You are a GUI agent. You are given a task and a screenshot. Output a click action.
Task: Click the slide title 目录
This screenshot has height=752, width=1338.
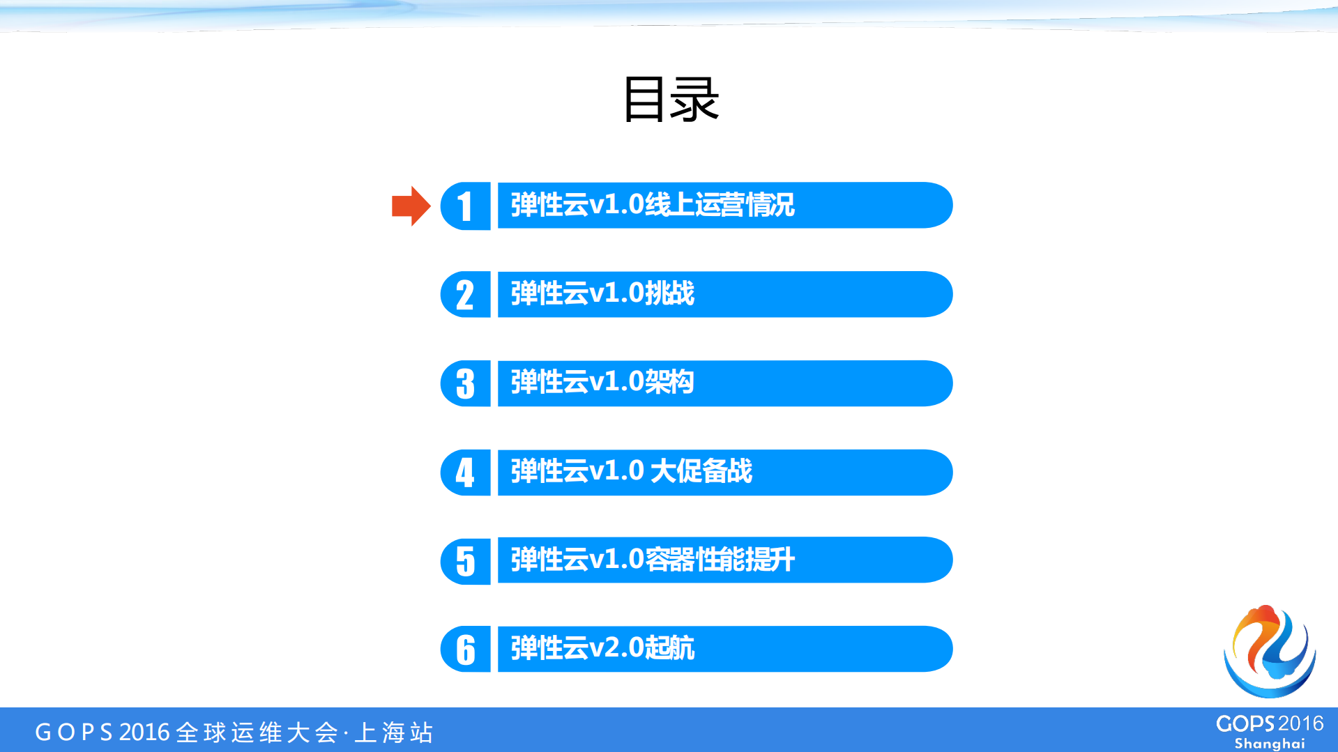tap(670, 100)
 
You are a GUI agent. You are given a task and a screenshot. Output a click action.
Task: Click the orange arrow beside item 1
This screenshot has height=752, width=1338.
tap(411, 206)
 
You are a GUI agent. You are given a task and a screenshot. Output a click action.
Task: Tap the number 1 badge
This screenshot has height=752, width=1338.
tap(466, 206)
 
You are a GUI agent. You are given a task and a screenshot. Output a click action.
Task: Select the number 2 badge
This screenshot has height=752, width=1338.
tap(466, 295)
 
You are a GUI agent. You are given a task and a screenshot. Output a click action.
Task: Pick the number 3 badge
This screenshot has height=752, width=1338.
tap(466, 384)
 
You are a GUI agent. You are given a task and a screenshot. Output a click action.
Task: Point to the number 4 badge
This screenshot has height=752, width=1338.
tap(466, 473)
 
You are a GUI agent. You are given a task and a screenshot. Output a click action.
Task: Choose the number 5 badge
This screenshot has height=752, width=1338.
tap(466, 561)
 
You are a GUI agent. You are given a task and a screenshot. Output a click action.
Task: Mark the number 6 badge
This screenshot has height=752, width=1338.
tap(466, 650)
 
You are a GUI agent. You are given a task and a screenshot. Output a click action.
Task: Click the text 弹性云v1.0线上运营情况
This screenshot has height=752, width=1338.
tap(653, 206)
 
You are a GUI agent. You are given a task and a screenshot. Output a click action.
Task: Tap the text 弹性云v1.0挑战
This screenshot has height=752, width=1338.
tap(602, 294)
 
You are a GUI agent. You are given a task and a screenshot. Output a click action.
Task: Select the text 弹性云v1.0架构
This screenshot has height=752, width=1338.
tap(602, 383)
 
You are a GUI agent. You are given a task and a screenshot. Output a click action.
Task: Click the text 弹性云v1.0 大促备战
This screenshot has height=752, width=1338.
tap(631, 472)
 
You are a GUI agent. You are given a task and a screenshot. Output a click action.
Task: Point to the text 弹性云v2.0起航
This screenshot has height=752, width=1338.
tap(602, 649)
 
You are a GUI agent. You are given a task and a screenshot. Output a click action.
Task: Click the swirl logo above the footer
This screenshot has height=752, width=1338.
tap(1270, 652)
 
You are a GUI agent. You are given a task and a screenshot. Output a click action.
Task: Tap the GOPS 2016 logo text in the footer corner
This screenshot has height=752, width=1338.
tap(1269, 724)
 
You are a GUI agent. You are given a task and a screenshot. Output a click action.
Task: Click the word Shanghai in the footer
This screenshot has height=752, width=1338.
tap(1269, 744)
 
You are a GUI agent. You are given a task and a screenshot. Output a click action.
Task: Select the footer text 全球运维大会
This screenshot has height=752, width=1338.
tap(257, 732)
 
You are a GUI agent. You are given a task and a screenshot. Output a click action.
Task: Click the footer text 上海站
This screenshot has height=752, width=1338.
tap(394, 732)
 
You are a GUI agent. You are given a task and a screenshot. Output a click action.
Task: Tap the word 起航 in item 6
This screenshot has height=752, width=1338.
tap(669, 649)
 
